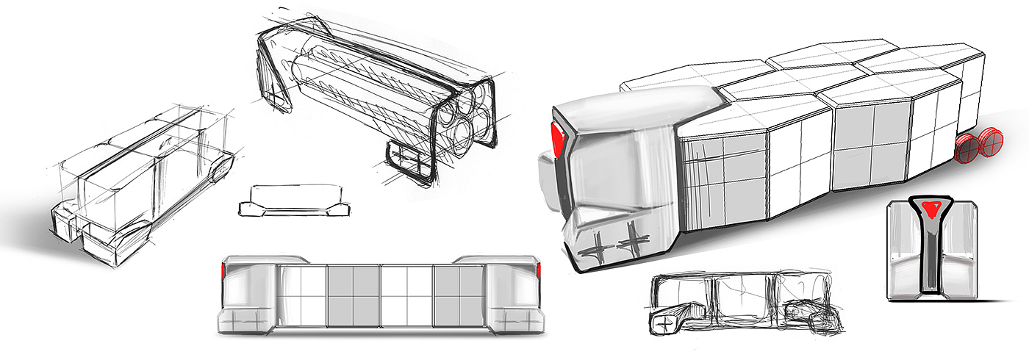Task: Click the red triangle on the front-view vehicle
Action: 933,209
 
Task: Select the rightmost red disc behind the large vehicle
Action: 989,144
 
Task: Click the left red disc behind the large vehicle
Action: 968,151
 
